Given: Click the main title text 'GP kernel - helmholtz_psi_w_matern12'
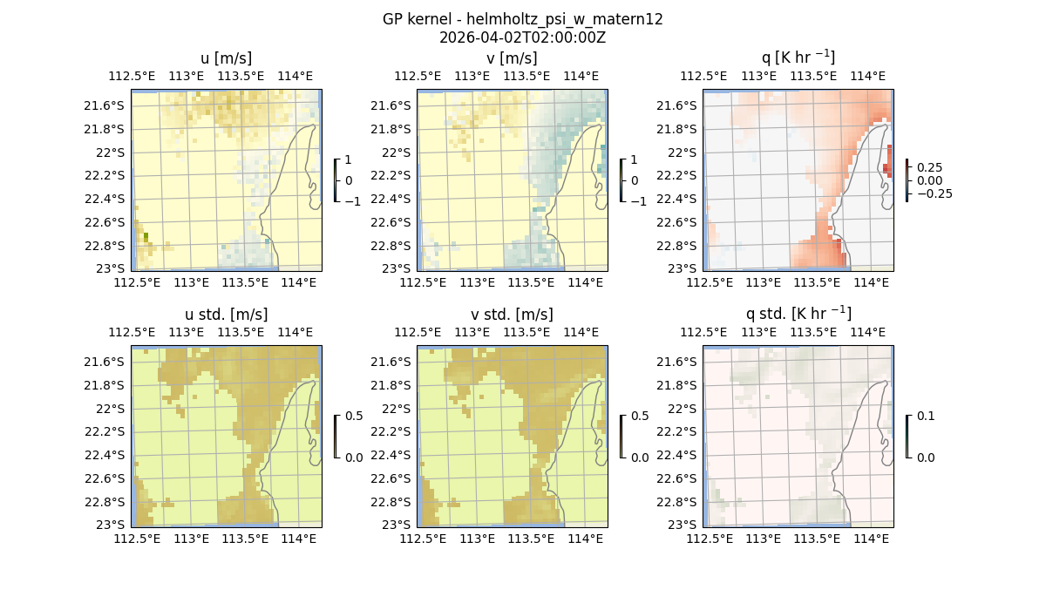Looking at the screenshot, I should tap(522, 19).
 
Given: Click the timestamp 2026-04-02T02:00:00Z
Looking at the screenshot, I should tap(522, 37).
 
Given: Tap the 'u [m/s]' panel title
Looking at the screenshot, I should tap(226, 58).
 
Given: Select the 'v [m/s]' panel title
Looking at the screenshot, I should tap(512, 58).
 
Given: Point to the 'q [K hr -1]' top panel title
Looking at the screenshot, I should tap(798, 58).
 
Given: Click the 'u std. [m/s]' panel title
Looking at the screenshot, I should tap(226, 315).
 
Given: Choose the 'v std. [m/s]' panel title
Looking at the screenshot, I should tap(512, 315).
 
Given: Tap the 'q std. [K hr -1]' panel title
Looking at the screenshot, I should tap(798, 314).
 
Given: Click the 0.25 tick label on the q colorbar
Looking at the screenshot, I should tap(930, 167).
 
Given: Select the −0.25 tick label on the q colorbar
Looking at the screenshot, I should tap(934, 193).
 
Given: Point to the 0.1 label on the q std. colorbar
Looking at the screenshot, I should tap(924, 417).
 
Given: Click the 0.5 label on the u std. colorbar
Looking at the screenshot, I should tap(353, 417).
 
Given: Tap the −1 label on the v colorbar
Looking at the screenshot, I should tap(640, 201).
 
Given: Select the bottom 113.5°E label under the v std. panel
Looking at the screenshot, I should tap(531, 539).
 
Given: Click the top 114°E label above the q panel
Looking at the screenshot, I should tap(867, 76).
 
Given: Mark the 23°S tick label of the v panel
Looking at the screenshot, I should tap(403, 268).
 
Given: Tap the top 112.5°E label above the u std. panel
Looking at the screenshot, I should tap(131, 332).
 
